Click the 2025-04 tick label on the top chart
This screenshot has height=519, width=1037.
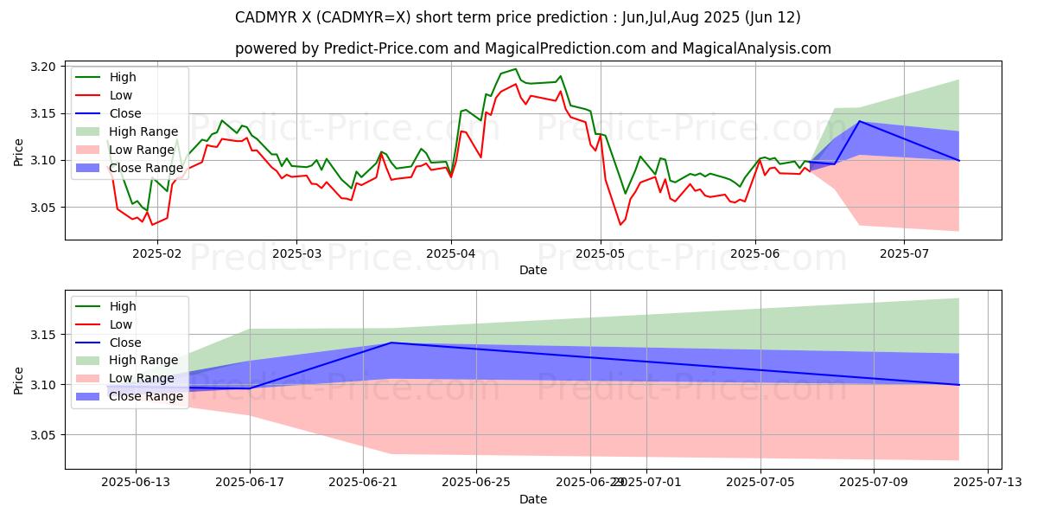(x=450, y=253)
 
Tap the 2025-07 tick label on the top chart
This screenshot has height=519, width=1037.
(x=904, y=253)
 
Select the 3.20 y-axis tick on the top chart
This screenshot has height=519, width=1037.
(x=44, y=67)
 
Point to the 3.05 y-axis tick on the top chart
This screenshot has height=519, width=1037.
(x=44, y=208)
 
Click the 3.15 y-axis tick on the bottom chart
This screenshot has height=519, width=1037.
(x=44, y=335)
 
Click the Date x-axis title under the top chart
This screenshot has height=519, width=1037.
(x=532, y=270)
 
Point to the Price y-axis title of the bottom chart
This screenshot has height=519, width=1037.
(x=18, y=380)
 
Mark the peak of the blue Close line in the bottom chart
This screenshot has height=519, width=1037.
(x=391, y=343)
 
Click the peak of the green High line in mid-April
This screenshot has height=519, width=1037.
(x=516, y=69)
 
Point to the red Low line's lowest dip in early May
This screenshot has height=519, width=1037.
(x=620, y=225)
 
